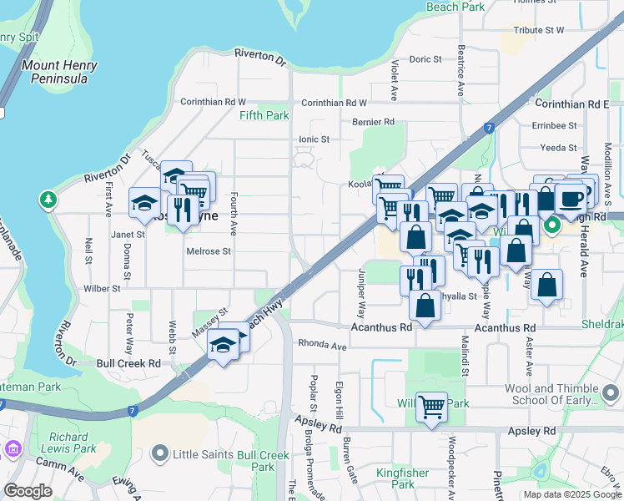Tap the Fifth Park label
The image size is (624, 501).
point(264,115)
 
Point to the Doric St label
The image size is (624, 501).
point(425,59)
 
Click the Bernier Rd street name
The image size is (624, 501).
point(372,122)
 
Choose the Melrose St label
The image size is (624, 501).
point(209,251)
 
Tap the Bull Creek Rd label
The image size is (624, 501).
point(128,364)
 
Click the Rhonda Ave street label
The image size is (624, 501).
point(322,346)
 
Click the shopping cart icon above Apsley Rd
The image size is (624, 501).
point(431,407)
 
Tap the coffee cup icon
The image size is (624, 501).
point(571,199)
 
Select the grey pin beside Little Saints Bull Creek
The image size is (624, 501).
point(160,455)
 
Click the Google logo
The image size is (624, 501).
point(28,491)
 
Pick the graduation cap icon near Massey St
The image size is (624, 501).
point(224,345)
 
